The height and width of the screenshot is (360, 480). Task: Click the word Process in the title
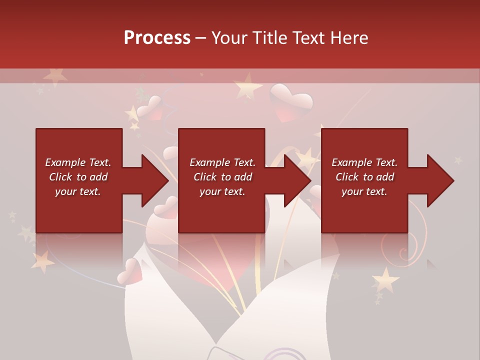point(157,38)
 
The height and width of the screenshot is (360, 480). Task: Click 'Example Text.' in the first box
point(78,162)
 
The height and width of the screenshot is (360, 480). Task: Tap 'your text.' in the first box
point(78,191)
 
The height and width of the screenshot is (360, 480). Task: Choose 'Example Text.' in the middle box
point(222,162)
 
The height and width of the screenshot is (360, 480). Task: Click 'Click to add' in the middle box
point(222,177)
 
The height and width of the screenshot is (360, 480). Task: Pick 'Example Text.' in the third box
point(364,162)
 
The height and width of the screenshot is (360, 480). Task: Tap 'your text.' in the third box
point(364,191)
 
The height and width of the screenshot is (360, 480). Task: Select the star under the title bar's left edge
point(54,76)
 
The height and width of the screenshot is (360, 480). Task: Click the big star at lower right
point(385,279)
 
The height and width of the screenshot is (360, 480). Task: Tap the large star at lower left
point(43,261)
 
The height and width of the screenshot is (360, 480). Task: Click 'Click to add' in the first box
point(78,177)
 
